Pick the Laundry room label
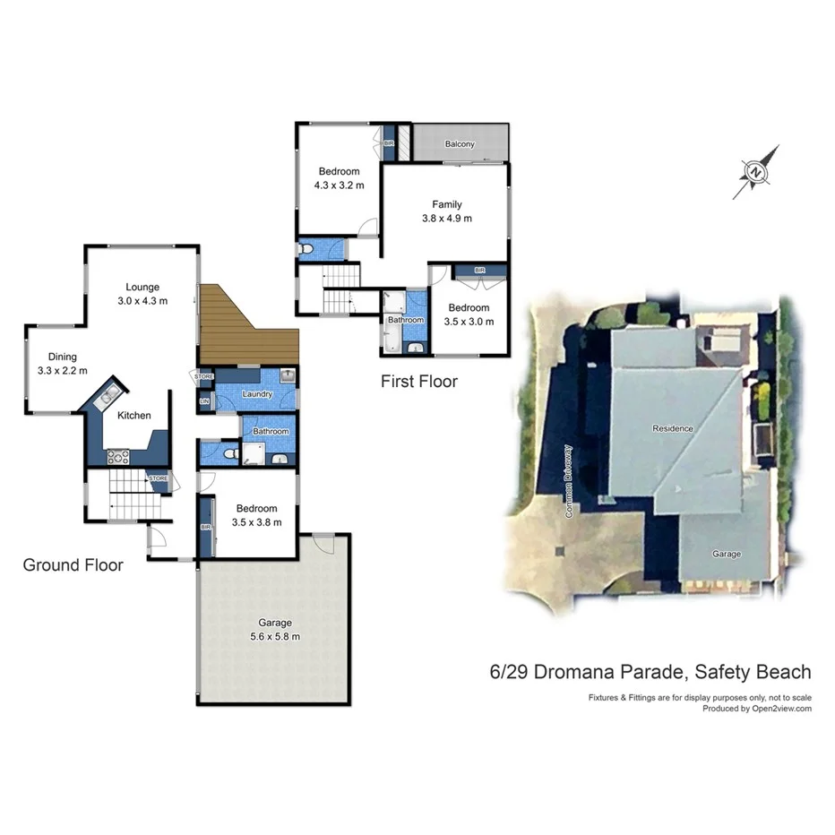tap(257, 394)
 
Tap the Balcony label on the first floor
tap(460, 144)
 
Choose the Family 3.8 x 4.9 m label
tap(447, 211)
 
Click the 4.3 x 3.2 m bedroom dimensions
tap(339, 185)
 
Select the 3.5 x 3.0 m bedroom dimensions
tap(469, 322)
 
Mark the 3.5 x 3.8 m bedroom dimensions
tap(256, 522)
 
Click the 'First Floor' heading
tap(419, 382)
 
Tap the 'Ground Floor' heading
tap(73, 565)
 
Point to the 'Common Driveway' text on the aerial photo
tap(568, 483)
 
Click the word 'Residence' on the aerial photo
tap(673, 428)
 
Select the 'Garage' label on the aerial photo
tap(727, 554)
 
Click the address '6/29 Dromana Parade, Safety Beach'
tap(650, 672)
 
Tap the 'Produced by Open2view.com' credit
tap(757, 709)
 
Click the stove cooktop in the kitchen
tap(118, 456)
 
